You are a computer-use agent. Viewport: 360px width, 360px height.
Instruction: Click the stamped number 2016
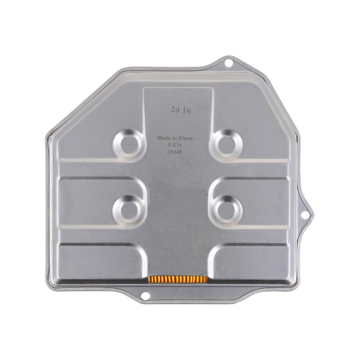[x=181, y=111]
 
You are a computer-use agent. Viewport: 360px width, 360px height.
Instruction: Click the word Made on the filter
[x=164, y=138]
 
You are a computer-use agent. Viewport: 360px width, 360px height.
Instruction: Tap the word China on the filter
[x=185, y=138]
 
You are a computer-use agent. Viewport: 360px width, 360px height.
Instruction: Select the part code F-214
[x=175, y=145]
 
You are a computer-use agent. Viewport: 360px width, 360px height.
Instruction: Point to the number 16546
[x=175, y=152]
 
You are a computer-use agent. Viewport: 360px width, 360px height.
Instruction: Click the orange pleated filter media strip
[x=177, y=279]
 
